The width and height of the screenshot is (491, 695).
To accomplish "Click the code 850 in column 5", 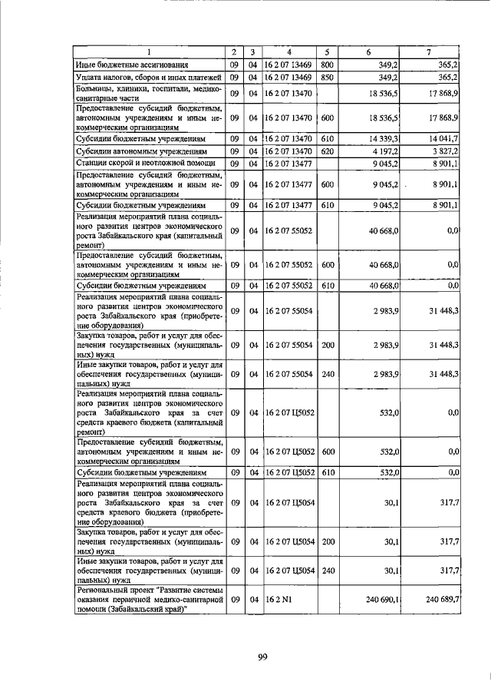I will (327, 78).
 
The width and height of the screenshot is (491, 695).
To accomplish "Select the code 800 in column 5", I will (327, 65).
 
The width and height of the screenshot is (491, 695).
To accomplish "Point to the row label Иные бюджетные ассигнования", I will (131, 65).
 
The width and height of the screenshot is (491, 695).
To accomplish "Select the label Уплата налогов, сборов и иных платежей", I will (140, 78).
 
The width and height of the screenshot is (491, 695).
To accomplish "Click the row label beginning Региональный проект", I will (150, 599).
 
